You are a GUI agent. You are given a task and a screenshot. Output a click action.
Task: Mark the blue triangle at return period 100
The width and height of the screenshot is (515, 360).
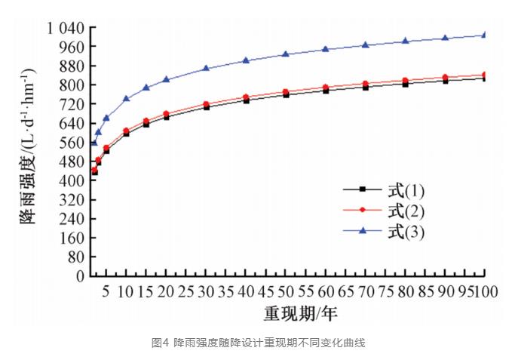[484, 35]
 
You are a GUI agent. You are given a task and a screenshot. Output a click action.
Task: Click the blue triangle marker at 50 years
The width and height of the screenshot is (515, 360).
[286, 54]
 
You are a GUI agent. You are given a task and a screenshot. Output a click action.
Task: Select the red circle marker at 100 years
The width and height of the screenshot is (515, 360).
[484, 75]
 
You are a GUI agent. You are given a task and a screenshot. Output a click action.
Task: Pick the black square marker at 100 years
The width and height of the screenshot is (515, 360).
[484, 78]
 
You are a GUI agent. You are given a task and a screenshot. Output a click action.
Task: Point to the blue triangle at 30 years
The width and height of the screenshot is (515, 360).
[206, 69]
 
